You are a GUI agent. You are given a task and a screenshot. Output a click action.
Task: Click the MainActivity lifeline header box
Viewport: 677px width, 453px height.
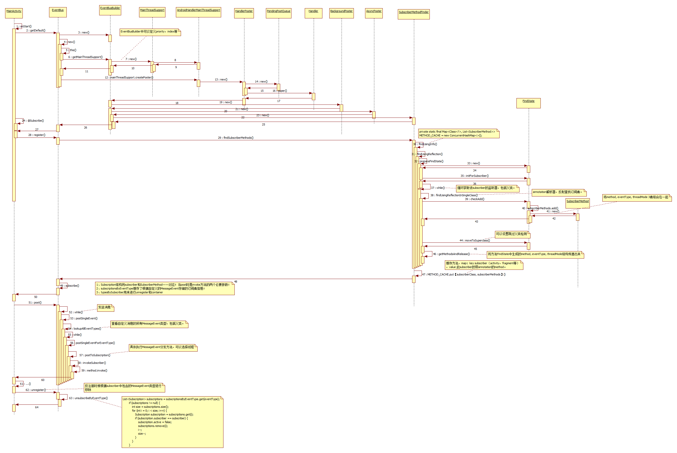click(x=14, y=13)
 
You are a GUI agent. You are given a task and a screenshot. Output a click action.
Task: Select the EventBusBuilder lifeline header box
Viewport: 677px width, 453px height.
click(x=110, y=10)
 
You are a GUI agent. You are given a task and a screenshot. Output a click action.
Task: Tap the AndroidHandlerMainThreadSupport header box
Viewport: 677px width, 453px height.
click(x=198, y=12)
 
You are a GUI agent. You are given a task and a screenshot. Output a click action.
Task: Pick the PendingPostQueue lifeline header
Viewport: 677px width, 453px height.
click(x=278, y=13)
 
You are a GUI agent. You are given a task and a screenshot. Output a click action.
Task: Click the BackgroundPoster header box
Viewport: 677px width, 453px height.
click(x=341, y=13)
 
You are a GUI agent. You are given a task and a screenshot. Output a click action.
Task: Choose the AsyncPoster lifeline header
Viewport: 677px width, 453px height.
click(x=374, y=13)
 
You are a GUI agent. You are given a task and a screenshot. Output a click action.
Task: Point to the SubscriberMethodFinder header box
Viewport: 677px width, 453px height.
click(x=413, y=14)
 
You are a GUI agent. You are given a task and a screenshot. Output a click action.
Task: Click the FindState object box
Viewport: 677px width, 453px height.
click(x=528, y=103)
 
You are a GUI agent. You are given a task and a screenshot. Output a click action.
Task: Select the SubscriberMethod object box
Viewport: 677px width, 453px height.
click(x=577, y=203)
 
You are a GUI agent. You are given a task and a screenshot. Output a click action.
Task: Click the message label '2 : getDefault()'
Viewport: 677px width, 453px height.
click(x=36, y=30)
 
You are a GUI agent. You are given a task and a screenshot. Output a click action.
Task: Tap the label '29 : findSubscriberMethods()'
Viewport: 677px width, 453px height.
click(x=235, y=138)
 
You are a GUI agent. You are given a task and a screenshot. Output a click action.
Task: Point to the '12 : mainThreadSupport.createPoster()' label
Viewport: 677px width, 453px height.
click(x=129, y=77)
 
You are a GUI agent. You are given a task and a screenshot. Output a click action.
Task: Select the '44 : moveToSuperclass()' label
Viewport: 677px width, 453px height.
click(x=475, y=240)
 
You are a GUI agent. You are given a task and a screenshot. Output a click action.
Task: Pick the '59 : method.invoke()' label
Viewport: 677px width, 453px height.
click(x=94, y=370)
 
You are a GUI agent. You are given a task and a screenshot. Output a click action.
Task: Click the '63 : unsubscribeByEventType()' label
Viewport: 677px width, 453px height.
click(x=88, y=398)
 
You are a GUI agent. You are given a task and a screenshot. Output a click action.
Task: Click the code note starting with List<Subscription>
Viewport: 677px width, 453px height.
click(x=172, y=422)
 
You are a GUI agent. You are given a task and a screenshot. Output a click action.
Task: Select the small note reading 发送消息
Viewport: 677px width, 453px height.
click(x=105, y=308)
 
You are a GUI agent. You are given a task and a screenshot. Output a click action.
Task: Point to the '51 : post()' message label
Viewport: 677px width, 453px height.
click(x=35, y=303)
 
